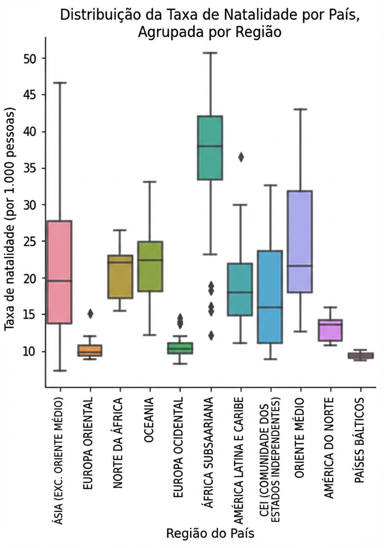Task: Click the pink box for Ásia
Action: [x=60, y=271]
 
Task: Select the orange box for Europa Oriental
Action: [x=90, y=350]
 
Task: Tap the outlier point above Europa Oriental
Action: [x=90, y=314]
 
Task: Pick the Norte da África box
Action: [x=120, y=276]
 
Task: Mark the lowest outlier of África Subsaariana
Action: [x=211, y=335]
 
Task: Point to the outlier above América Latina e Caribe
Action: [x=241, y=157]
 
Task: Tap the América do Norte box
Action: [x=330, y=330]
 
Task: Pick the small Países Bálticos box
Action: [x=360, y=355]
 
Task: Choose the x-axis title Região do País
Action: [x=210, y=533]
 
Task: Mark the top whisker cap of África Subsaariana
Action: [x=210, y=53]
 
